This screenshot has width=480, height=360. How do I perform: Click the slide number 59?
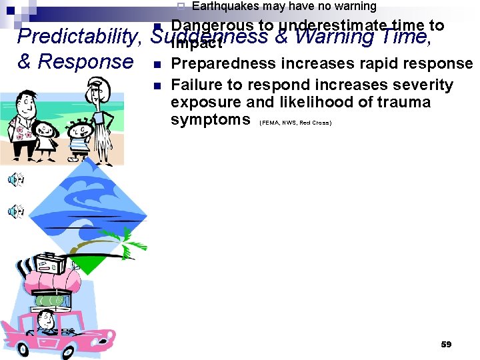446,344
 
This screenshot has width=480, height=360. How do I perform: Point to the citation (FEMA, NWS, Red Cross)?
295,123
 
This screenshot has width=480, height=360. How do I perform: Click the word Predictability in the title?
76,37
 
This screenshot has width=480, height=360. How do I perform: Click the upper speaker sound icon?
15,179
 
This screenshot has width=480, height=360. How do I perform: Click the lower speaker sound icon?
15,211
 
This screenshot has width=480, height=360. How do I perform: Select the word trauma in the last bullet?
405,103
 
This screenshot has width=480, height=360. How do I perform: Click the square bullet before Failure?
155,86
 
